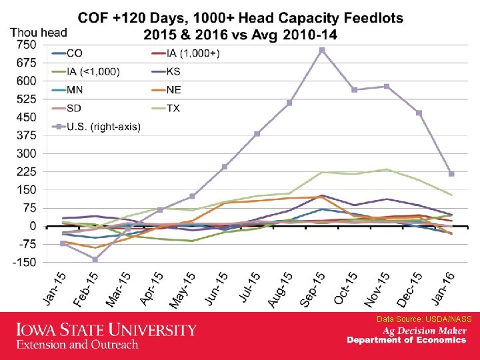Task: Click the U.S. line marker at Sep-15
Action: pos(322,50)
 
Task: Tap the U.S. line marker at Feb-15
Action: pos(96,259)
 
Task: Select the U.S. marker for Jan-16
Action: pos(451,173)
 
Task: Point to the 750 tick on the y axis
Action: pos(26,45)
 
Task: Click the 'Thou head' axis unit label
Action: pos(39,32)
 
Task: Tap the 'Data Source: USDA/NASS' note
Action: pos(424,319)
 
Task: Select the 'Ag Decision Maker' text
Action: pos(424,331)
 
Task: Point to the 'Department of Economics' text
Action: pos(407,341)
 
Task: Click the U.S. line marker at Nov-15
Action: pos(387,87)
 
